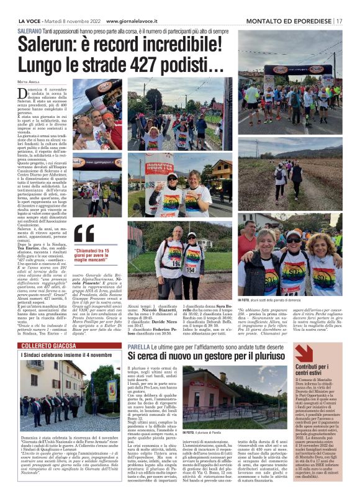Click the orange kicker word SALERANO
[30, 30]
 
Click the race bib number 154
[208, 268]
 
